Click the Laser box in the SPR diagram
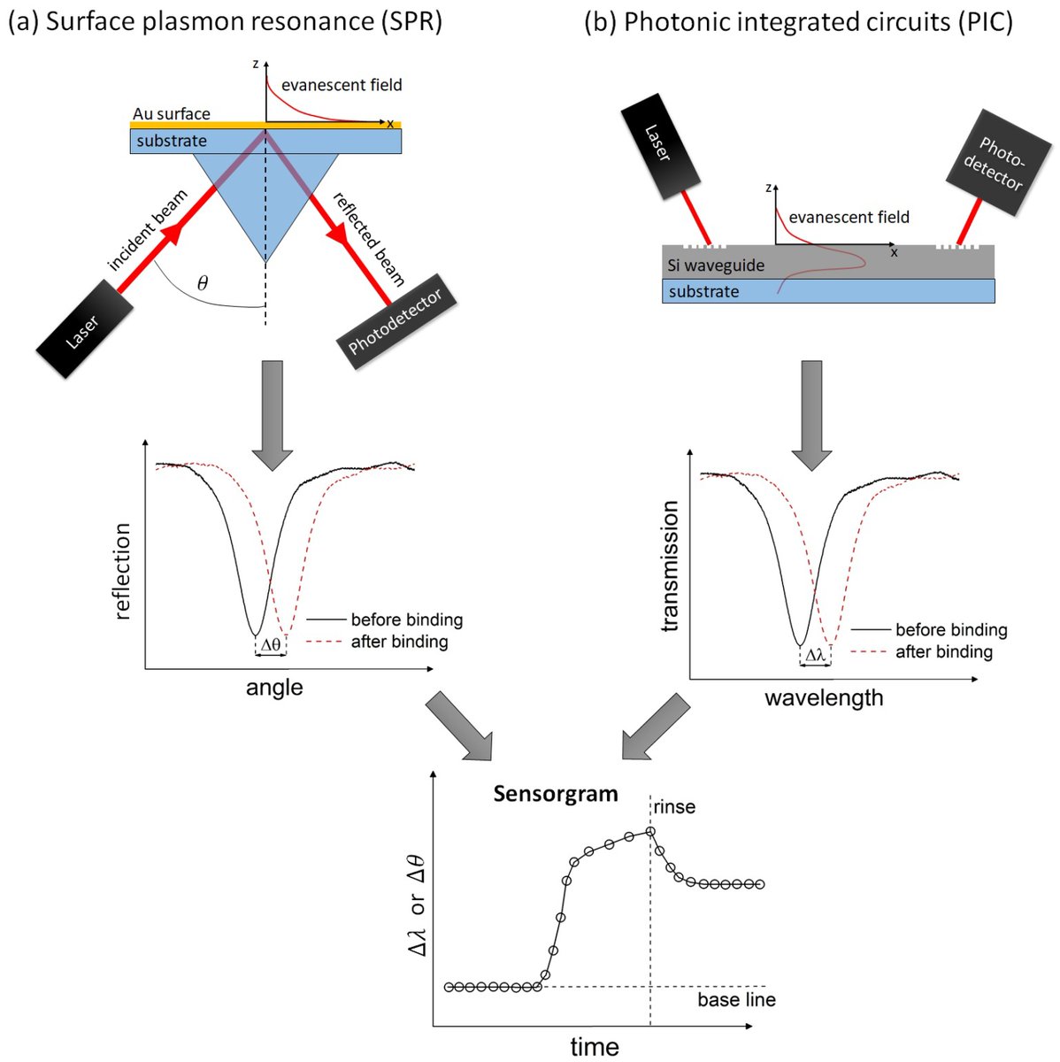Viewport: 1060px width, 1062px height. tap(86, 328)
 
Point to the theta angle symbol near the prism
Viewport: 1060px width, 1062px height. tap(203, 283)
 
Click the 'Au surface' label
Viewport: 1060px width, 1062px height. tap(172, 114)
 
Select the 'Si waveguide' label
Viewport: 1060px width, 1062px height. tap(716, 265)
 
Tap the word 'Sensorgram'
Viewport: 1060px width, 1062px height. tap(556, 793)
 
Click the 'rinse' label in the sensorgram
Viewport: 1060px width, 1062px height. tap(675, 807)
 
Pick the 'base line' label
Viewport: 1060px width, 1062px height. tap(736, 1000)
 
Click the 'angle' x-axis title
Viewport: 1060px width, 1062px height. tap(274, 688)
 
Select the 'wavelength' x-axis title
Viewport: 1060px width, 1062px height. tap(824, 698)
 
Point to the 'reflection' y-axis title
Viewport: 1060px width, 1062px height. tap(122, 571)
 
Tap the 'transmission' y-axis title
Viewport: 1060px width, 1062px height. tap(670, 566)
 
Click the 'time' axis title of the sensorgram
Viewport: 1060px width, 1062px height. tap(595, 1047)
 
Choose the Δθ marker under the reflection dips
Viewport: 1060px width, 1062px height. tap(271, 645)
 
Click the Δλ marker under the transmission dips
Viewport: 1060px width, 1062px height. tap(815, 656)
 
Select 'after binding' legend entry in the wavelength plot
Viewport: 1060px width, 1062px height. tap(943, 652)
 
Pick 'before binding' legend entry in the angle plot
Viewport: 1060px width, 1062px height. tap(406, 619)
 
